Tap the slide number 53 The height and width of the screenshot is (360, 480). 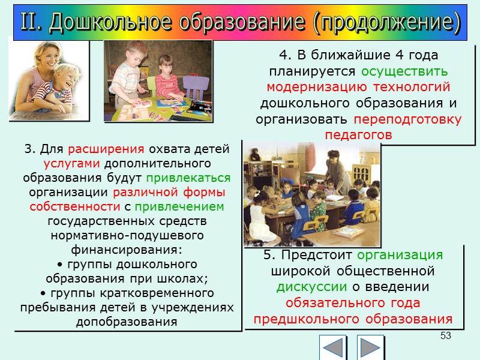[x=445, y=335]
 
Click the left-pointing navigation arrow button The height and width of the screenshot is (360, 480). [x=333, y=347]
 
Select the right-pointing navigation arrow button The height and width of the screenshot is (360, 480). [x=370, y=347]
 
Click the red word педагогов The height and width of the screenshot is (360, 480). [x=358, y=135]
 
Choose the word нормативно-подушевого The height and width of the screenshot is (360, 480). [x=127, y=235]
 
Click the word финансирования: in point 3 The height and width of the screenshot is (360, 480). [x=127, y=249]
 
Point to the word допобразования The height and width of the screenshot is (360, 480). [x=127, y=321]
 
